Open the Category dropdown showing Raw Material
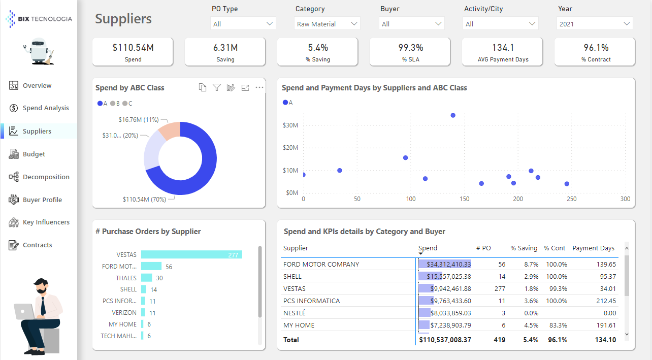[327, 24]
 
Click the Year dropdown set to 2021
[595, 24]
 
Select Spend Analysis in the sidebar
[46, 108]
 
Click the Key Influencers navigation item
[46, 222]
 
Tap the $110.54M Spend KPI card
[133, 52]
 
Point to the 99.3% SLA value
[410, 48]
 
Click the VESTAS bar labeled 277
[191, 255]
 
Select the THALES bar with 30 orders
[146, 278]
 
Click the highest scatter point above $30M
[453, 115]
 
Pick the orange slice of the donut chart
[170, 131]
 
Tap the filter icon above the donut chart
[217, 88]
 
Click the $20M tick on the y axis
[290, 148]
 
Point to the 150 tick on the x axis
[464, 199]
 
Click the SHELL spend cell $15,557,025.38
[445, 277]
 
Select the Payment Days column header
[593, 248]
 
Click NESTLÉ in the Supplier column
[295, 313]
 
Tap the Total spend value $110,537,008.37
[445, 340]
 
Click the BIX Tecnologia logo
[39, 19]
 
